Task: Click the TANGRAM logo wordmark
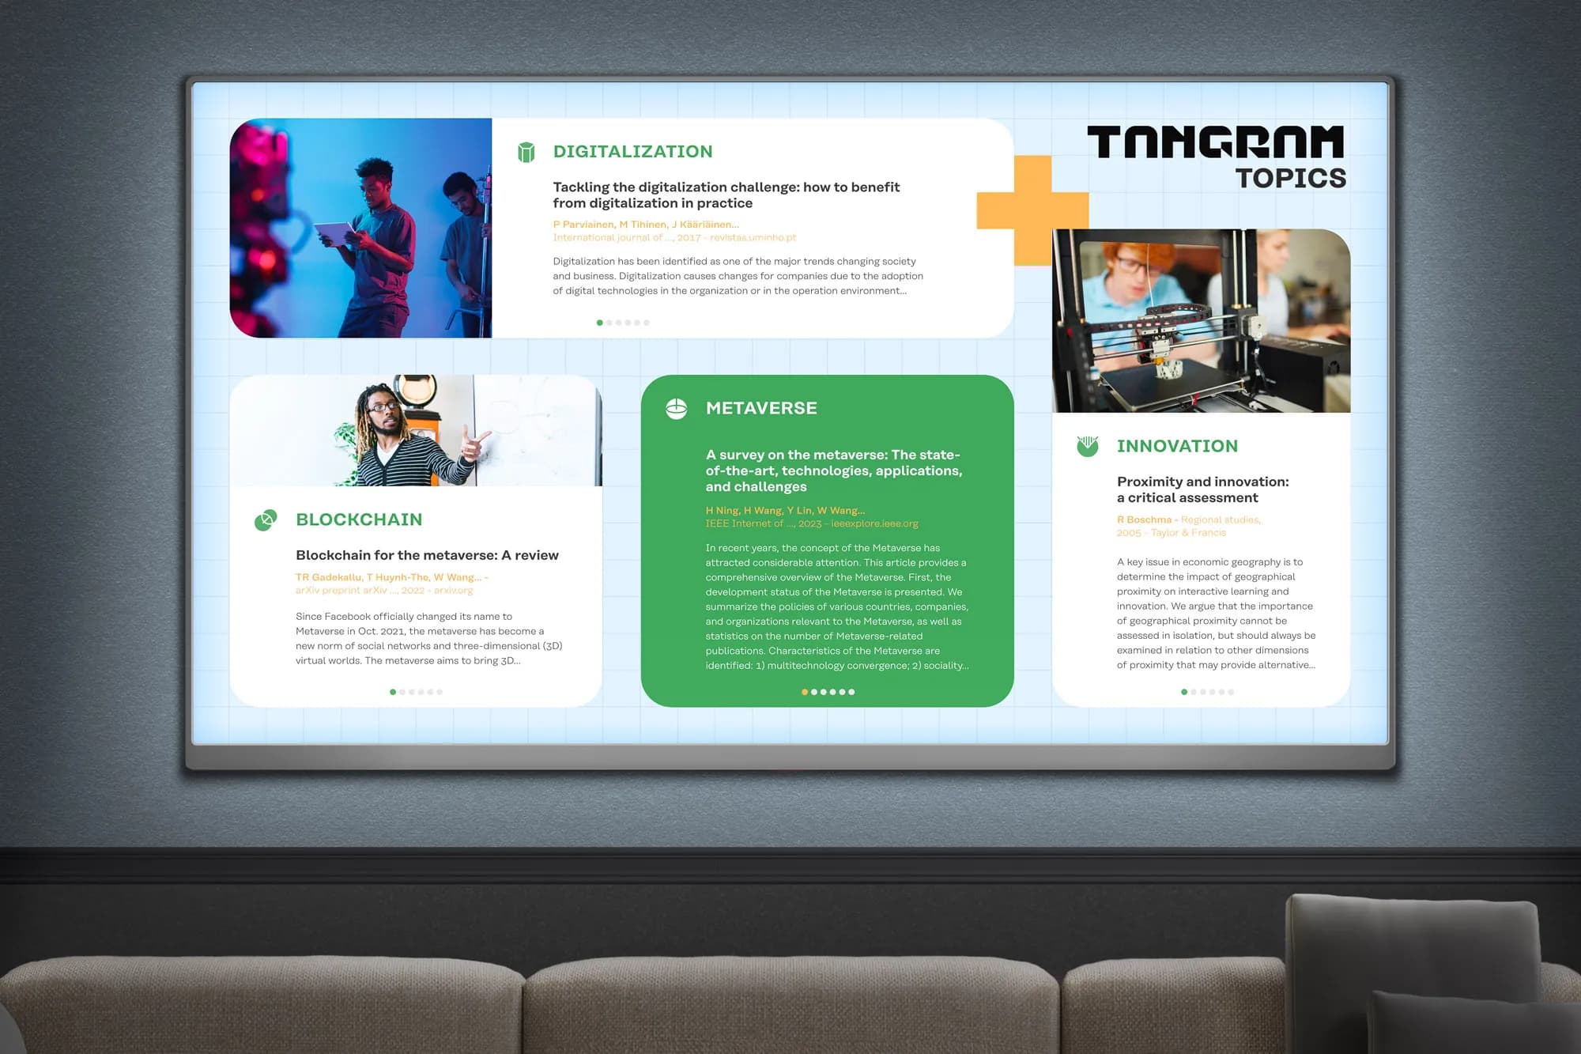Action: coord(1215,142)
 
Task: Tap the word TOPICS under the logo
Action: coord(1291,179)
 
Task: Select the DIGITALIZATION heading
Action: coord(632,151)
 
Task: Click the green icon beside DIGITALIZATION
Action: coord(526,152)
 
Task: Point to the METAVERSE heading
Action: coord(761,408)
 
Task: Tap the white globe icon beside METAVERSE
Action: coord(677,409)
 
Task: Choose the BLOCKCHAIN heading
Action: coord(359,519)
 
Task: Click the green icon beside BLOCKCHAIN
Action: coord(266,520)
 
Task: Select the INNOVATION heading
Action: coord(1177,446)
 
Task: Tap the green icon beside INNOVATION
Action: coord(1088,446)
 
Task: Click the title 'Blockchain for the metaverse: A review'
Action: coord(427,555)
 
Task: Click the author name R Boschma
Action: coord(1144,519)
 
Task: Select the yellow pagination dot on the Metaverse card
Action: coord(805,692)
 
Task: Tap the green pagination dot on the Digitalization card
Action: coord(599,323)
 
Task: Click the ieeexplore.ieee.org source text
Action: coord(874,523)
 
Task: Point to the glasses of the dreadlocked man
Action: coord(384,406)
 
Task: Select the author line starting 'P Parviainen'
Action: coord(646,225)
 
